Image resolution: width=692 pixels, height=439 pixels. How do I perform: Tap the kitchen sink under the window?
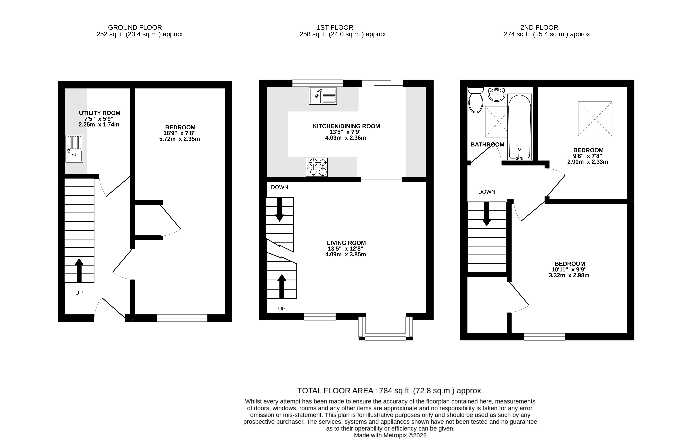click(323, 96)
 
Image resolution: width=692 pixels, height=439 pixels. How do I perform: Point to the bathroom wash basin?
click(496, 94)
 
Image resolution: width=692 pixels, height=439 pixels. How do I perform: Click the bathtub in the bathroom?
click(520, 127)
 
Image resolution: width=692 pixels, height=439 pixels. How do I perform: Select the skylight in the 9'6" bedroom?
click(595, 119)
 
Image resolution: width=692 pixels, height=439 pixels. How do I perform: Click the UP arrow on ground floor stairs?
click(79, 270)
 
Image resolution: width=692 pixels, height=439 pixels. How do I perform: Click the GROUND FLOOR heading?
click(135, 28)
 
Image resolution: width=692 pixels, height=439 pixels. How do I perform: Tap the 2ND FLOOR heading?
click(539, 28)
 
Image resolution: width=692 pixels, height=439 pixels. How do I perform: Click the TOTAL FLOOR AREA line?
click(390, 391)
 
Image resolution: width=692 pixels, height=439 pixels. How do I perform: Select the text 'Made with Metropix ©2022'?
click(390, 435)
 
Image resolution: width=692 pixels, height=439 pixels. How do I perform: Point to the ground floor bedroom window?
click(182, 318)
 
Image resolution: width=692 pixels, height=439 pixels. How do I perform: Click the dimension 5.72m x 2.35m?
click(179, 139)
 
